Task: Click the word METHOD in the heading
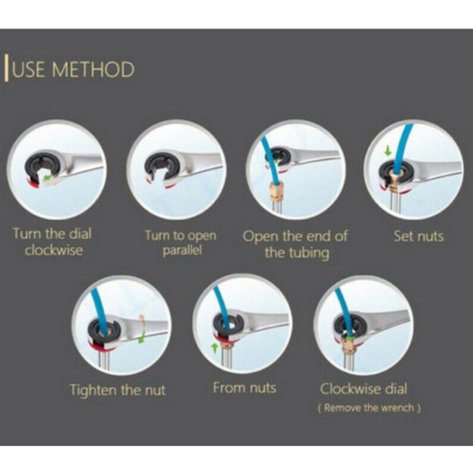(x=93, y=69)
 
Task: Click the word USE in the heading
(x=29, y=69)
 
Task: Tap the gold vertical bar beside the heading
(x=6, y=67)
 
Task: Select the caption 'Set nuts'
(x=418, y=236)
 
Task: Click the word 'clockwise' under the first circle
(x=54, y=250)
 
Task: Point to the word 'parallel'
(x=182, y=250)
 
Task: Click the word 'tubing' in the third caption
(x=309, y=253)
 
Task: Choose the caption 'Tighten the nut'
(x=118, y=390)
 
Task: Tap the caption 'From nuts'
(x=244, y=388)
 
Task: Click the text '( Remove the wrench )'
(x=369, y=408)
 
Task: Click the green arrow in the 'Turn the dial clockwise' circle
(x=47, y=177)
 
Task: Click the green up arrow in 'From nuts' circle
(x=214, y=347)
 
